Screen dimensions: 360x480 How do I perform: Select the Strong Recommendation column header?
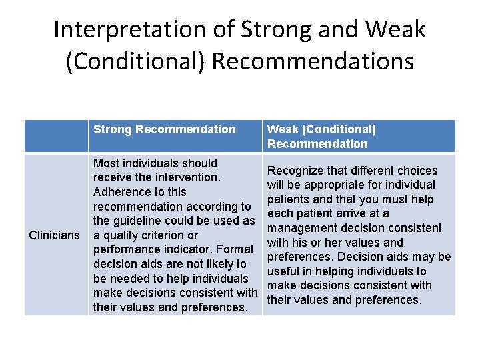pos(165,129)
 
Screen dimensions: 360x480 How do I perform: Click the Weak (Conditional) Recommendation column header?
pos(321,136)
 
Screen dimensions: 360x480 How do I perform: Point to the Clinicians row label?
pos(55,235)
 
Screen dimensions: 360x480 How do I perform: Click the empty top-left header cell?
pos(56,136)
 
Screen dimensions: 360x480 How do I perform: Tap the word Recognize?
pos(297,171)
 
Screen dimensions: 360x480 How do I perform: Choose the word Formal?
pos(235,250)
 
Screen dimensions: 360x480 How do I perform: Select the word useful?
pos(283,271)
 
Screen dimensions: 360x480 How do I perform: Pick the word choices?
pos(415,171)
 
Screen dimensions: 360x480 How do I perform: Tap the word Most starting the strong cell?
pos(107,163)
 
